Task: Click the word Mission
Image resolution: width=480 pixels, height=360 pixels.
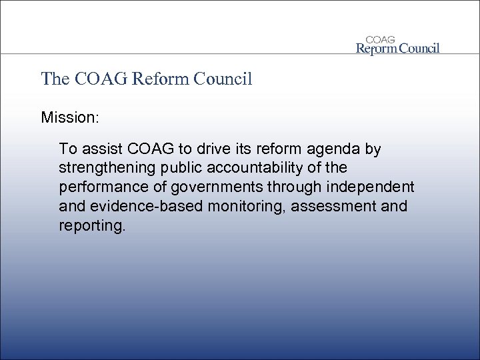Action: pyautogui.click(x=69, y=119)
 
